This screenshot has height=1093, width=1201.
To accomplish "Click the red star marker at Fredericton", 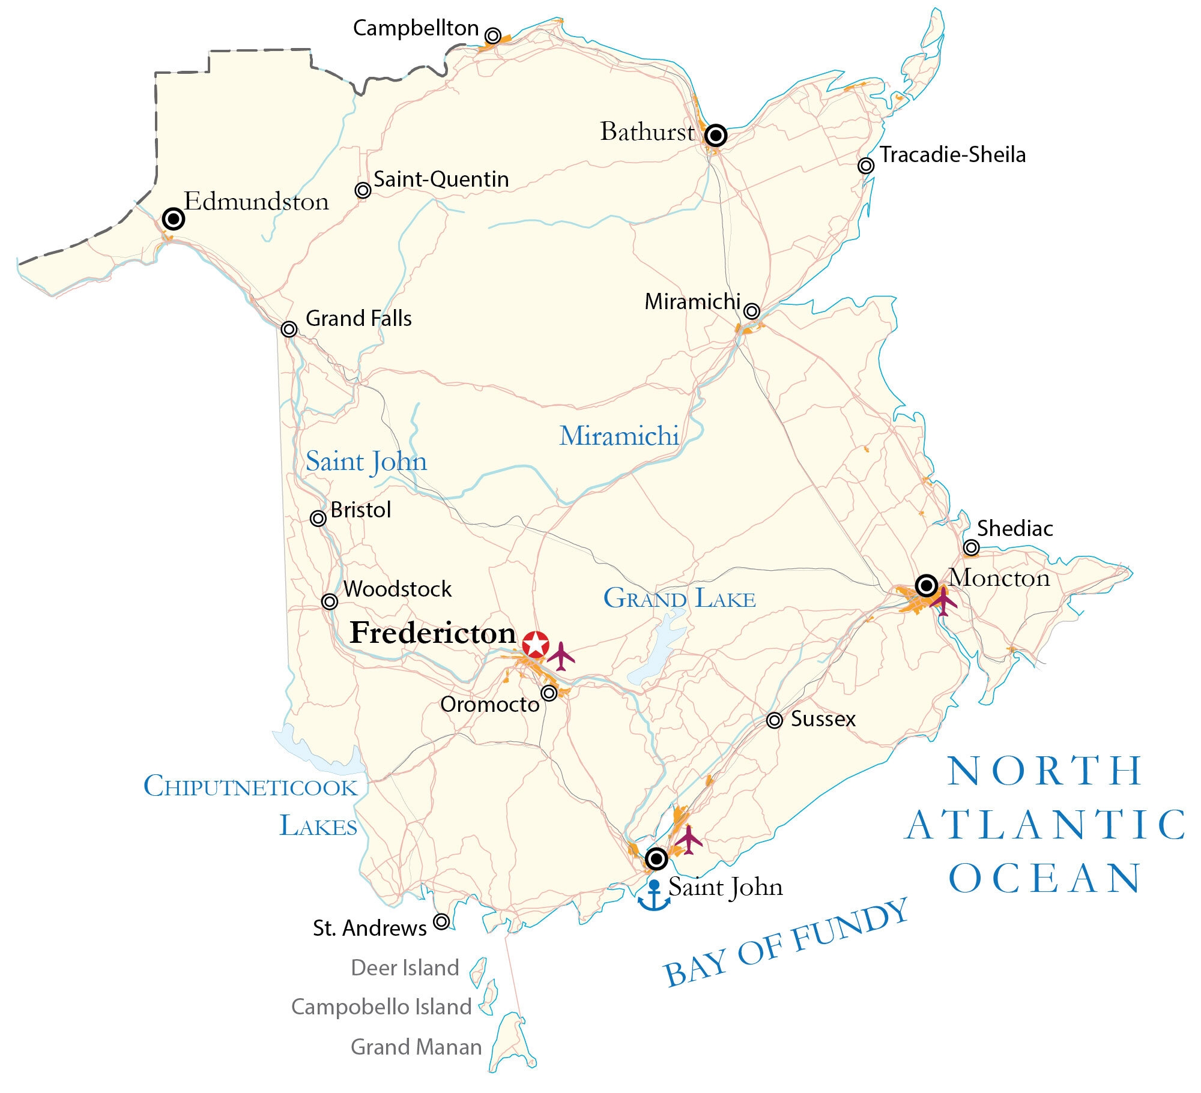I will (535, 644).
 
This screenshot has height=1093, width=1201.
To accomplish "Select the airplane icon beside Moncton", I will (943, 601).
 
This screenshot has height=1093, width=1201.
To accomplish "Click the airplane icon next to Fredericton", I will (561, 655).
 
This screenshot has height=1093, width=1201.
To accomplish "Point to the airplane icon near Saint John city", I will (688, 839).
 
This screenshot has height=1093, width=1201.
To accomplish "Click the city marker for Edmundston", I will (174, 219).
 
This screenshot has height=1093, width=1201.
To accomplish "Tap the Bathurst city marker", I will (716, 136).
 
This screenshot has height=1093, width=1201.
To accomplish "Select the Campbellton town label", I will (416, 28).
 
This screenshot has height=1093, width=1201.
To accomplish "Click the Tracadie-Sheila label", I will (952, 155).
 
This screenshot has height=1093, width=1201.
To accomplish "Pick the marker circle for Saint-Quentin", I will (363, 190).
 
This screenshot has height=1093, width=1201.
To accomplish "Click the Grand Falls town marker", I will (289, 329).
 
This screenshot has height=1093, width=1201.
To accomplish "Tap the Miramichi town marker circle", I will (751, 311).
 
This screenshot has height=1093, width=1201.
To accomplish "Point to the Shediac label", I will (1015, 528).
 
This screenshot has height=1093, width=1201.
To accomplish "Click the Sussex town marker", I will (775, 720).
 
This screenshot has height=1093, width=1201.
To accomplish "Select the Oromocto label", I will (490, 704).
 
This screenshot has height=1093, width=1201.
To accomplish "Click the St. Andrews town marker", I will (441, 921).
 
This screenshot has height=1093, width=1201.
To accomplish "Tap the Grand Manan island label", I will (416, 1047).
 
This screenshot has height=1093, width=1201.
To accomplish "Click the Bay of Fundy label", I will (785, 942).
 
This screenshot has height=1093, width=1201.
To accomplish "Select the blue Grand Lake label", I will (679, 598).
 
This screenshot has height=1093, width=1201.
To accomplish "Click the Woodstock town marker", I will (330, 601).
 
